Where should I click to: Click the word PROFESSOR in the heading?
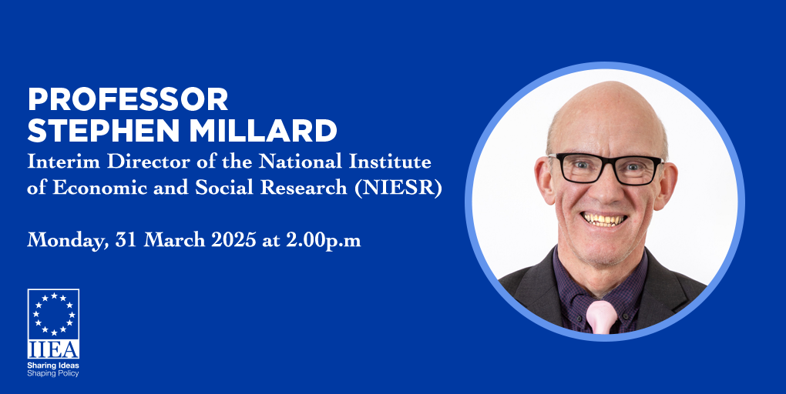(x=128, y=98)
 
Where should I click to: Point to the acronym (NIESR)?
(x=398, y=187)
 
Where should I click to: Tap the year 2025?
(x=233, y=240)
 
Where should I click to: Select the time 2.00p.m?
(x=324, y=241)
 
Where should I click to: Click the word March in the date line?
(x=174, y=240)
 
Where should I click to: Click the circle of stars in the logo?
(x=54, y=314)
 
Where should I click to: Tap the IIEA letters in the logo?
(x=53, y=349)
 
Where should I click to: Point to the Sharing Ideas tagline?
(x=53, y=366)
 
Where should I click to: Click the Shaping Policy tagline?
(x=53, y=373)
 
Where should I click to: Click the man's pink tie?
(x=602, y=317)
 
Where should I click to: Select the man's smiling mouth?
(x=603, y=219)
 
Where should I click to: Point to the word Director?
(x=146, y=161)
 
